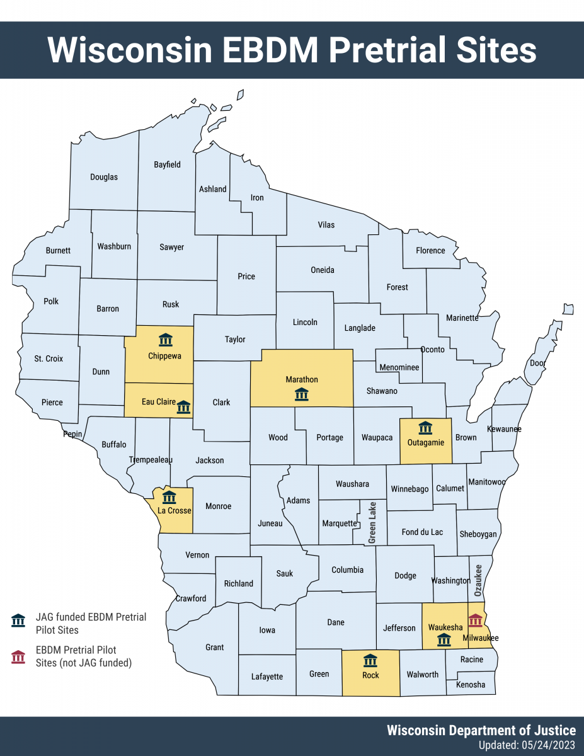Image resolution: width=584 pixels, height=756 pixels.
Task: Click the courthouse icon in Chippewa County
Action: pyautogui.click(x=166, y=340)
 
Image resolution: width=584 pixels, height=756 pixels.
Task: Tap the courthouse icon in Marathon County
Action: pyautogui.click(x=302, y=394)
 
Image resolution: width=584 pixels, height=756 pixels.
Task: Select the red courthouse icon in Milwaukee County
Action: pyautogui.click(x=475, y=620)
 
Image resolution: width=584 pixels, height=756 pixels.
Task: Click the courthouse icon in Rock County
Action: pyautogui.click(x=370, y=661)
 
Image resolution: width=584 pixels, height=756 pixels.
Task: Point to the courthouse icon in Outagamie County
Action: pyautogui.click(x=425, y=428)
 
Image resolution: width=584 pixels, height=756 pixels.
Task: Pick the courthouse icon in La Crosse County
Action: pyautogui.click(x=169, y=496)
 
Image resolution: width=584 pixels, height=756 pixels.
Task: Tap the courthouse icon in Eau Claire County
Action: pyautogui.click(x=183, y=407)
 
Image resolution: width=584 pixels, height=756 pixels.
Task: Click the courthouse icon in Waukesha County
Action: pyautogui.click(x=444, y=640)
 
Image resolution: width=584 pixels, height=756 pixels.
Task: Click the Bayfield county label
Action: pyautogui.click(x=167, y=164)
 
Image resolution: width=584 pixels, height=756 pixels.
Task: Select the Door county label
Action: pyautogui.click(x=537, y=364)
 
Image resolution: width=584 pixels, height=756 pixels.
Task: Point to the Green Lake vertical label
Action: pyautogui.click(x=372, y=523)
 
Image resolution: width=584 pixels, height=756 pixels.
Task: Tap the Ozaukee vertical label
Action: pyautogui.click(x=478, y=580)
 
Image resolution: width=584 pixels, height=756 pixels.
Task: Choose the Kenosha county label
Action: pyautogui.click(x=471, y=684)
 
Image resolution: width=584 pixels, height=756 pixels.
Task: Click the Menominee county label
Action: pyautogui.click(x=399, y=367)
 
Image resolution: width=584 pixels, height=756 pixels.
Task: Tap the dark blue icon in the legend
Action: pyautogui.click(x=19, y=621)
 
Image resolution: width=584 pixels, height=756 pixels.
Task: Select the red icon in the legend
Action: pyautogui.click(x=19, y=656)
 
